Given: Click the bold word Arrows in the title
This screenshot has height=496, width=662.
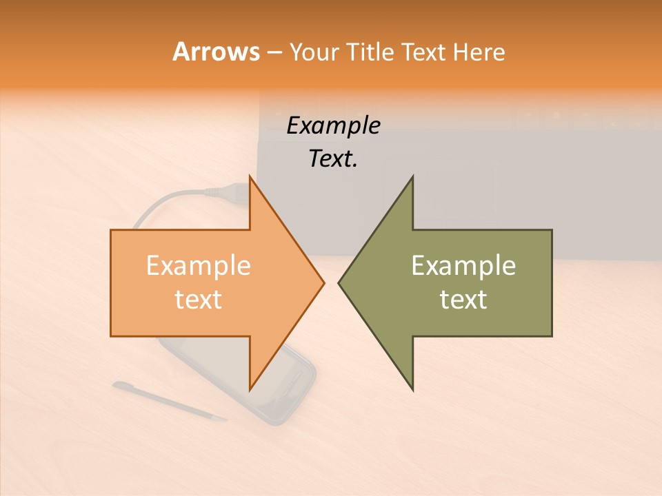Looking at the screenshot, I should coord(216,52).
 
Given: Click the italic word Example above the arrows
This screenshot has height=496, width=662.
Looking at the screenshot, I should coord(334,125).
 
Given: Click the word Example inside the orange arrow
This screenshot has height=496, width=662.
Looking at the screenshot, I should coord(199,266).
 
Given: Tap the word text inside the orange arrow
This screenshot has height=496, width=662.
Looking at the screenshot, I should coord(199,300).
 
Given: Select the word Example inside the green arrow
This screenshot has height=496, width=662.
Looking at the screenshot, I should coord(463,266).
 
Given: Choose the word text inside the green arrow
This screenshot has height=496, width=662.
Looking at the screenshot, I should coord(463,300).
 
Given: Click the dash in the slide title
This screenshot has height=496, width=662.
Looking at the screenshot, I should coord(274,52).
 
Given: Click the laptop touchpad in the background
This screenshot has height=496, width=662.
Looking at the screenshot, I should coord(441,186).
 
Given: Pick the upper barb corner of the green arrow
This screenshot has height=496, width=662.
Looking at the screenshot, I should coord(412,177).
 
